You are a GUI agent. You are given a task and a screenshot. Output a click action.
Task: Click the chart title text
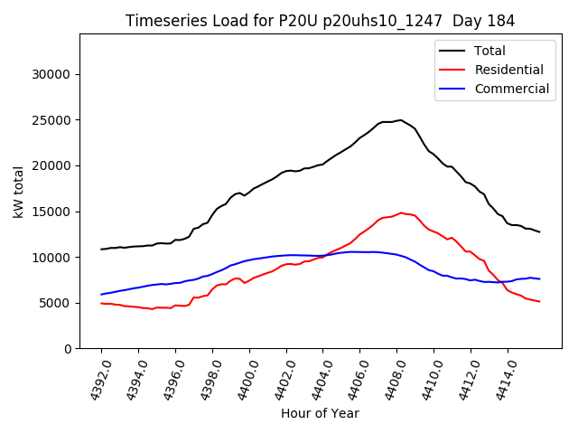coord(319,21)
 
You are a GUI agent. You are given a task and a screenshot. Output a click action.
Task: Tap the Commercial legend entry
coord(511,89)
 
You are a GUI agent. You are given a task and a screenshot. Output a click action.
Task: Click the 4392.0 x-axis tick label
coord(91,378)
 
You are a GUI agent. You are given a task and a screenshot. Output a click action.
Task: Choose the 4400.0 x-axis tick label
coord(239,378)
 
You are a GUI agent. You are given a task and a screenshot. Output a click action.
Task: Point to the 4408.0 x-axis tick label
coord(387,378)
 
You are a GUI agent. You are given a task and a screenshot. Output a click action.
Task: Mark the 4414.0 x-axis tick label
coord(498,378)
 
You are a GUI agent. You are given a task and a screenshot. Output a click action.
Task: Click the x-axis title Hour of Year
coord(320,413)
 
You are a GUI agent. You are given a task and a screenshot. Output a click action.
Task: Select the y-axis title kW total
coord(18,192)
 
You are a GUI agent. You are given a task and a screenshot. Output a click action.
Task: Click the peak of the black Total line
coord(400,119)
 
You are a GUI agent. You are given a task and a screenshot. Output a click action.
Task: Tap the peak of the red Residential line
coord(401,213)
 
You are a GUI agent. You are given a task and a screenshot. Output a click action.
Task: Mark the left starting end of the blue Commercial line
coord(101,295)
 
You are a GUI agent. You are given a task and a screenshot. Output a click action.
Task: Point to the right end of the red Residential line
coord(540,301)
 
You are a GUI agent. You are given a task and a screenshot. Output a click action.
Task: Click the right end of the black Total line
coord(540,232)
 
